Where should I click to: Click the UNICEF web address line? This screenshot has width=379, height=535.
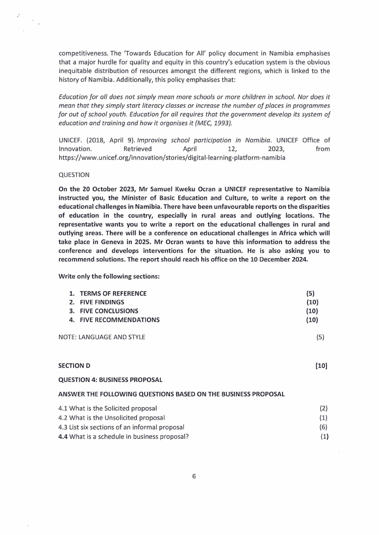click(x=172, y=158)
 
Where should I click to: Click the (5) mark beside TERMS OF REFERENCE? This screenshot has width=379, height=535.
click(x=310, y=293)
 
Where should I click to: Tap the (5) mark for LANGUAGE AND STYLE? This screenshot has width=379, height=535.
click(x=320, y=337)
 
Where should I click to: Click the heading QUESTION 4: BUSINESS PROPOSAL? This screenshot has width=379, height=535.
click(x=110, y=380)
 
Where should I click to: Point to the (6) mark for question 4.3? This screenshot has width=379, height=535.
click(x=323, y=427)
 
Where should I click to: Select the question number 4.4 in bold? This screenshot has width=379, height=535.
click(x=63, y=436)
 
